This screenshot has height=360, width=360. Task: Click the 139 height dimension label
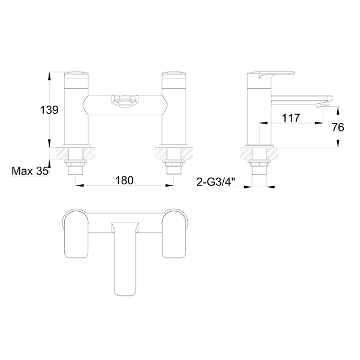[x=49, y=110]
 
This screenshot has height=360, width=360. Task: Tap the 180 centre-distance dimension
[x=124, y=181]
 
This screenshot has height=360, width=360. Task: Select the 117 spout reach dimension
[x=291, y=118]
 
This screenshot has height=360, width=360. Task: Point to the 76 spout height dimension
[x=338, y=127]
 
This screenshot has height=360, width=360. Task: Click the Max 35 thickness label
[x=30, y=171]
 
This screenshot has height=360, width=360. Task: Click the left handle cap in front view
[x=76, y=80]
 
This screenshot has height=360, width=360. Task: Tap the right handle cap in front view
[x=174, y=80]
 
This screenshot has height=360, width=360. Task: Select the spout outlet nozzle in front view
[x=125, y=101]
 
